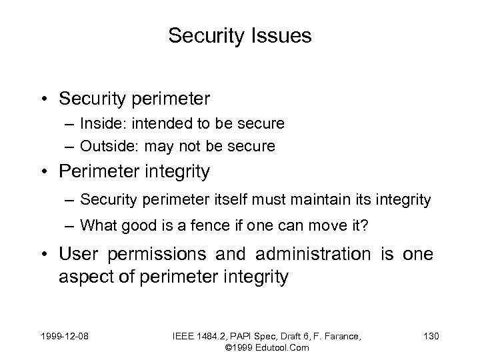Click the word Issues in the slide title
coord(279,36)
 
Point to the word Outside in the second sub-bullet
coord(101,146)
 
